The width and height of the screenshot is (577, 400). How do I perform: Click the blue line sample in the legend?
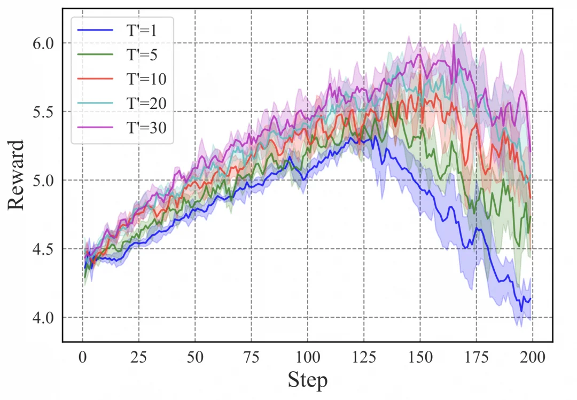(x=95, y=30)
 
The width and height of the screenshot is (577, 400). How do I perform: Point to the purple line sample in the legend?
(x=95, y=127)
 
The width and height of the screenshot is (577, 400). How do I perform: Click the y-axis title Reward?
(x=16, y=175)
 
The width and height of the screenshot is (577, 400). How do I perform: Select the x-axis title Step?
(x=307, y=381)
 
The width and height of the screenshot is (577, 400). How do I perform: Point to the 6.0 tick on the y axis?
(x=43, y=43)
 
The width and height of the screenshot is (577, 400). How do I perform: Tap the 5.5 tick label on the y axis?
(x=43, y=112)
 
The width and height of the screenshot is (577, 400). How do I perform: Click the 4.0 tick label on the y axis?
(x=43, y=318)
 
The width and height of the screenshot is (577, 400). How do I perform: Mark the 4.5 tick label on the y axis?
(x=43, y=249)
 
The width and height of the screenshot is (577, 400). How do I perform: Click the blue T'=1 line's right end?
(x=530, y=301)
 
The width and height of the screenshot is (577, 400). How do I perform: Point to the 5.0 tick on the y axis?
(x=43, y=181)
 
